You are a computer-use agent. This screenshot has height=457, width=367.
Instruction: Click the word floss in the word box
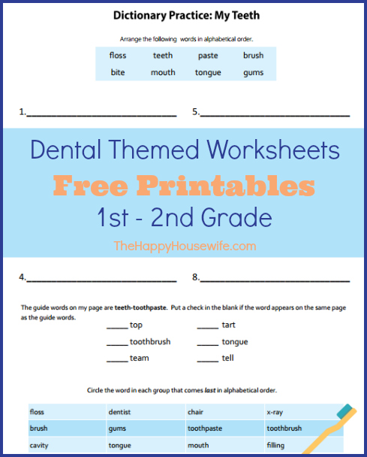(x=118, y=55)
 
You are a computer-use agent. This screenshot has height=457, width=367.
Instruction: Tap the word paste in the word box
(x=208, y=56)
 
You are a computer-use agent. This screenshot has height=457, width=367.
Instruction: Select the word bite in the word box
(x=118, y=72)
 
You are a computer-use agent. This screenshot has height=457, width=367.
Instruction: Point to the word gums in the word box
(x=253, y=73)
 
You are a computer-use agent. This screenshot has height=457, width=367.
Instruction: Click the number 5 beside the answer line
(x=195, y=112)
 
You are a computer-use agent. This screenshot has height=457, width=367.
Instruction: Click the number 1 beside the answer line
(x=22, y=112)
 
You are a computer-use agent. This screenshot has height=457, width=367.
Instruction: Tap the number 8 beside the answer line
(x=195, y=277)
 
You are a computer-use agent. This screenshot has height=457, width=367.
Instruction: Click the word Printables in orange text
(x=226, y=186)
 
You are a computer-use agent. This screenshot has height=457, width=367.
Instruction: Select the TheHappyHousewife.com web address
(x=185, y=246)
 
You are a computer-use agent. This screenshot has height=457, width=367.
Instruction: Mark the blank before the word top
(x=117, y=328)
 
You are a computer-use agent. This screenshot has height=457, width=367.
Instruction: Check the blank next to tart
(x=208, y=328)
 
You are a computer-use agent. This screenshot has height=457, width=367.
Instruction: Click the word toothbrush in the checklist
(x=150, y=341)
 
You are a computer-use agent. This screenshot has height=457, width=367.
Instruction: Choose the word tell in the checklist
(x=227, y=358)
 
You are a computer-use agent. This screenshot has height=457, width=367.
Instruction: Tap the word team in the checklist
(x=139, y=358)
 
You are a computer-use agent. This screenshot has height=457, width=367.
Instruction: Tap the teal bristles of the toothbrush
(x=344, y=411)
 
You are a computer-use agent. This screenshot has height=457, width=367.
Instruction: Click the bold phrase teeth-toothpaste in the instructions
(x=141, y=307)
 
